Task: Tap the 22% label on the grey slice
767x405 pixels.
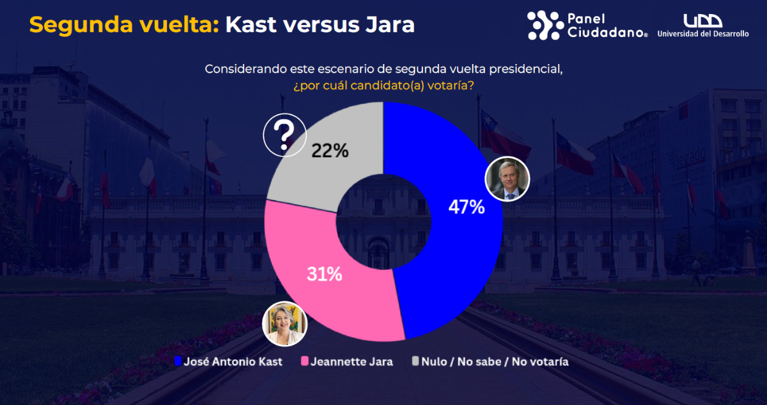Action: pyautogui.click(x=330, y=150)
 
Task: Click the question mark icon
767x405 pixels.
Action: pyautogui.click(x=284, y=135)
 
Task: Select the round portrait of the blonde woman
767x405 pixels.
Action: pyautogui.click(x=286, y=323)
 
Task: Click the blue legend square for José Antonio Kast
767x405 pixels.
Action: pyautogui.click(x=178, y=361)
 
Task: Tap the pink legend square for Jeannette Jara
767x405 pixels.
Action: pyautogui.click(x=305, y=361)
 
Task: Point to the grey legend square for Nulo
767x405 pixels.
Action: pyautogui.click(x=415, y=361)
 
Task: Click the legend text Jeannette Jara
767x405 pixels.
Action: pyautogui.click(x=352, y=361)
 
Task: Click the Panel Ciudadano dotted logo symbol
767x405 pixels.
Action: pyautogui.click(x=545, y=25)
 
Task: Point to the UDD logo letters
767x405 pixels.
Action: pyautogui.click(x=702, y=20)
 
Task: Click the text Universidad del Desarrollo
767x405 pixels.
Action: pyautogui.click(x=702, y=34)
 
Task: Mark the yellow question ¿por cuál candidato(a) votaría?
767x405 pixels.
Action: pyautogui.click(x=383, y=85)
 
